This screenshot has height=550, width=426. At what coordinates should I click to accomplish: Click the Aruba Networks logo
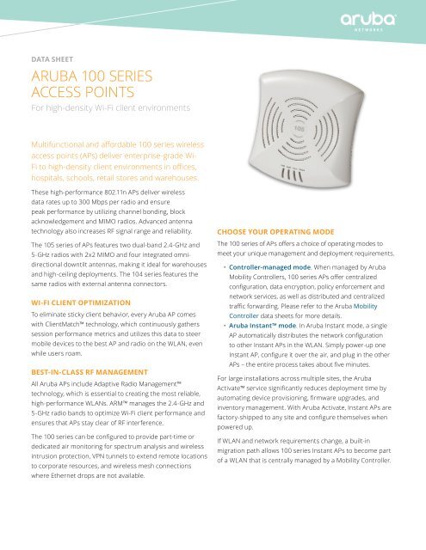pyautogui.click(x=379, y=19)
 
